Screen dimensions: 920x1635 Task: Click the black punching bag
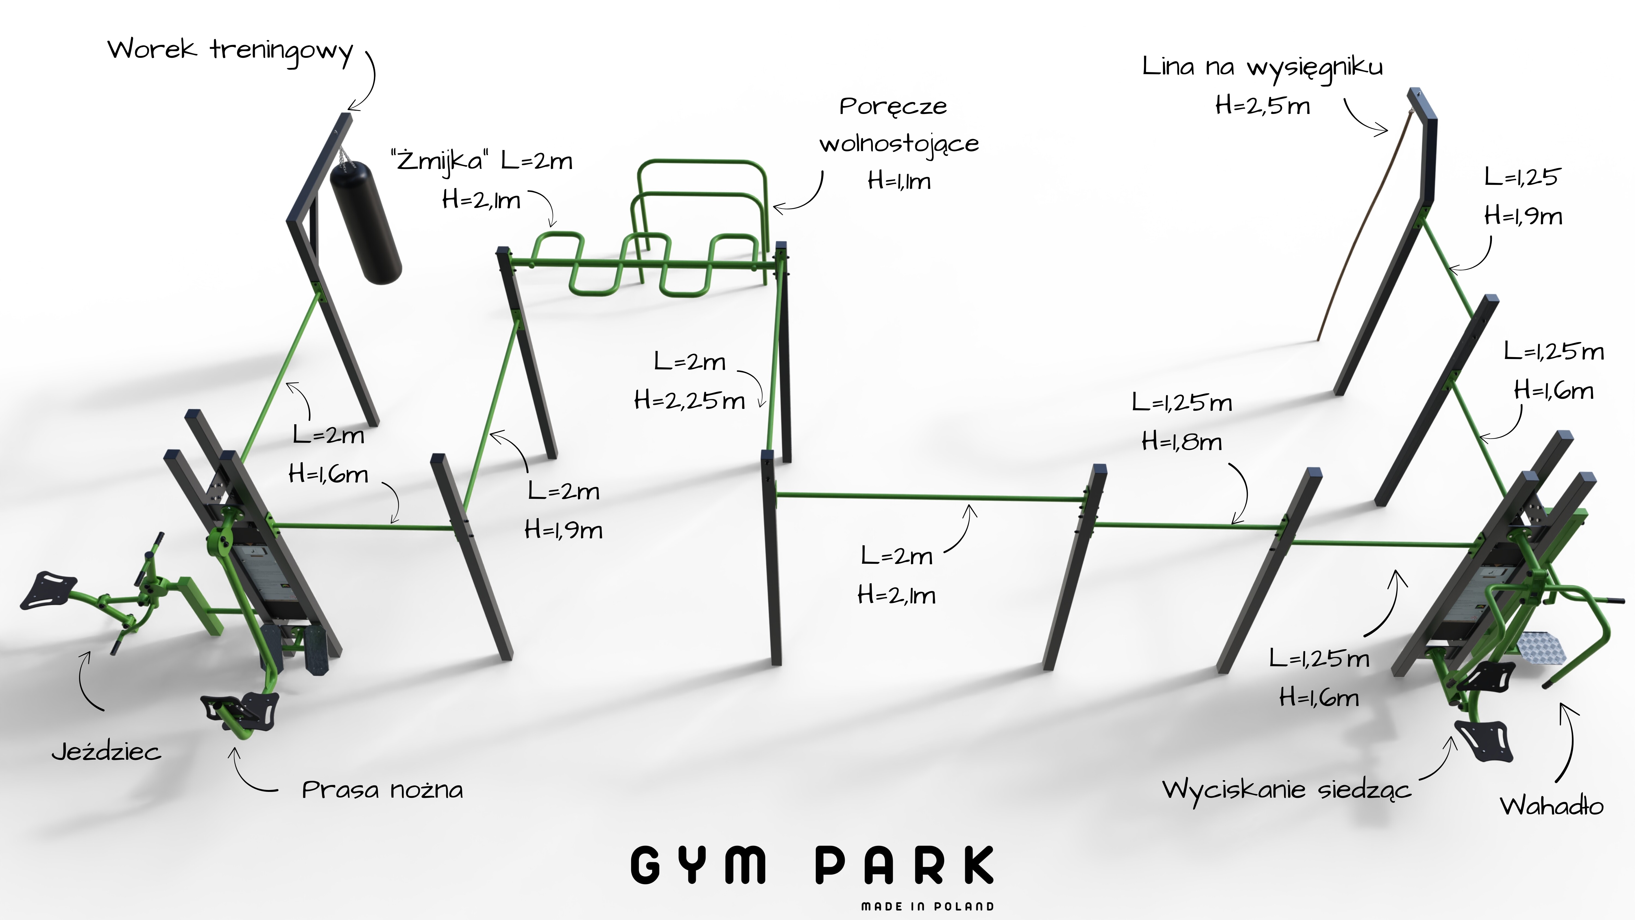366,222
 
